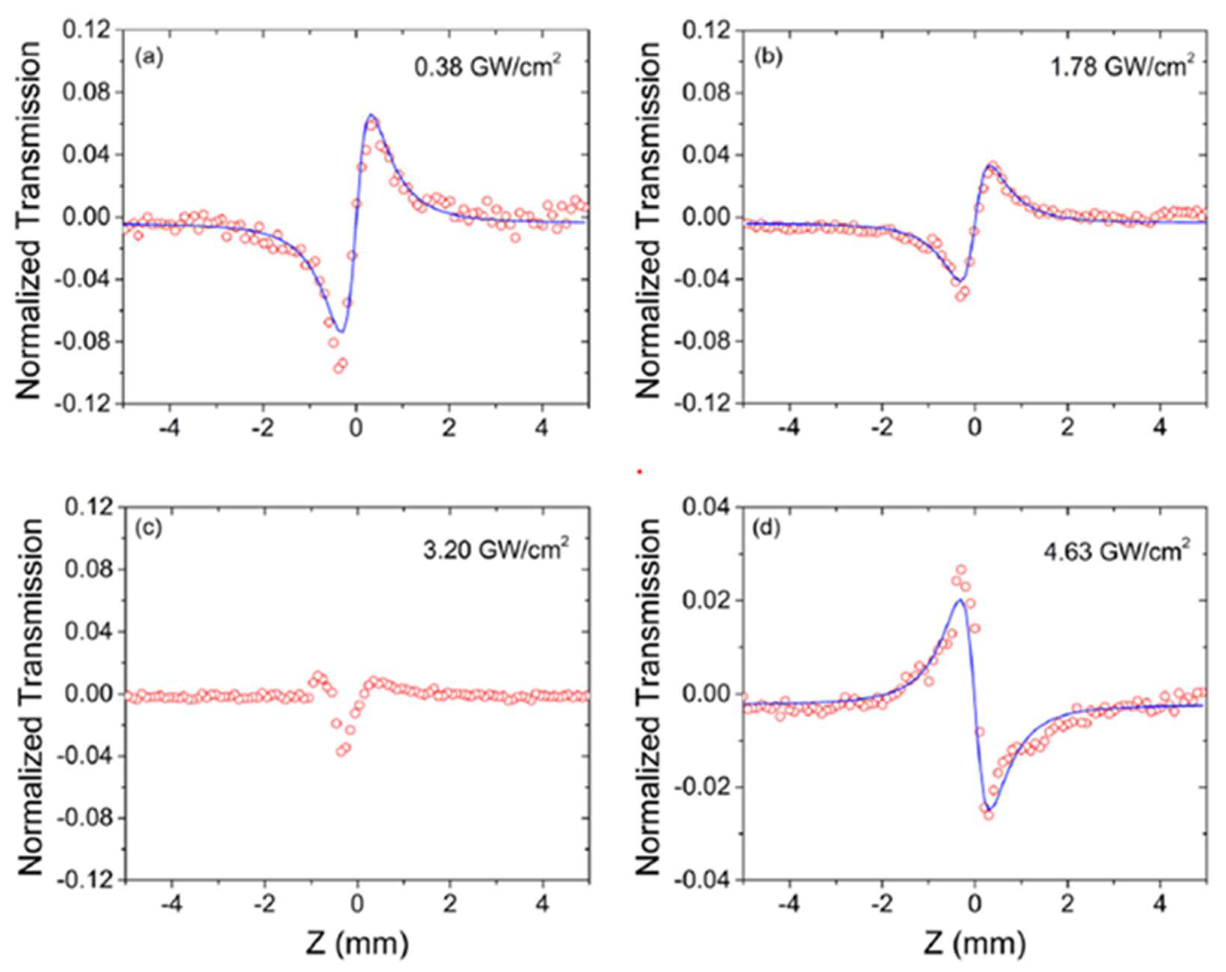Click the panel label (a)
149,58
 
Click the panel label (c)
149,528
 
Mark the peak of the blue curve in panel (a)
371,115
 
